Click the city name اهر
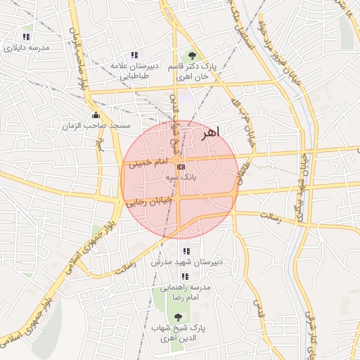point(210,131)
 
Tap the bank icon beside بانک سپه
point(181,167)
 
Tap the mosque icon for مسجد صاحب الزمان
point(96,115)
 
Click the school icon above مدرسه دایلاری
point(26,37)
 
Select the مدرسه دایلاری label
point(26,48)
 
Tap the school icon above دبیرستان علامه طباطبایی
point(134,54)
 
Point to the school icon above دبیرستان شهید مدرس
point(186,251)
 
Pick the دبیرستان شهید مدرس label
point(186,262)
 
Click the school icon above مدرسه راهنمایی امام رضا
point(185,276)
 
